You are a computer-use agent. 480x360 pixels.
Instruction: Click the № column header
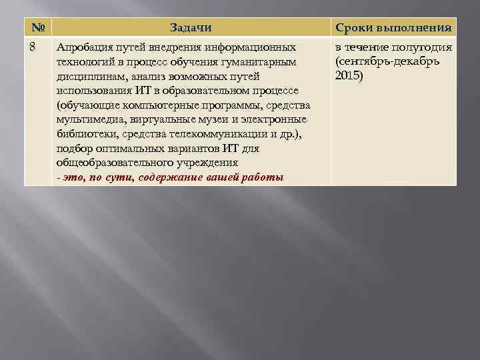tap(37, 28)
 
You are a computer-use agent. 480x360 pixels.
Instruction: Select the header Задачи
tap(191, 28)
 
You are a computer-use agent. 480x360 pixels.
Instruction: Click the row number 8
tap(34, 47)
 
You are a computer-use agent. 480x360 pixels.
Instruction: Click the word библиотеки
tap(85, 134)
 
